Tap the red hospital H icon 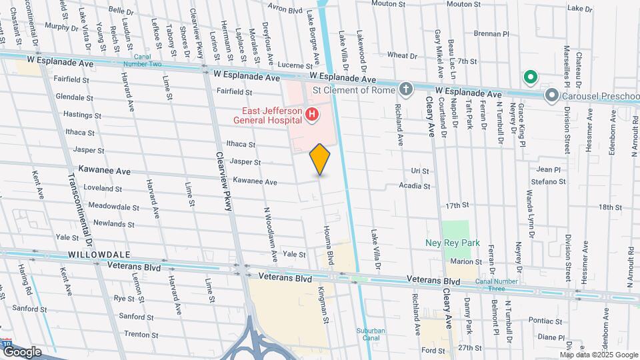(x=311, y=116)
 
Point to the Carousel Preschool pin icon (x=551, y=95)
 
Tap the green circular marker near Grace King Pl (x=530, y=78)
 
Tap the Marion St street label (x=465, y=262)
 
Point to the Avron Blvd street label (x=285, y=10)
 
